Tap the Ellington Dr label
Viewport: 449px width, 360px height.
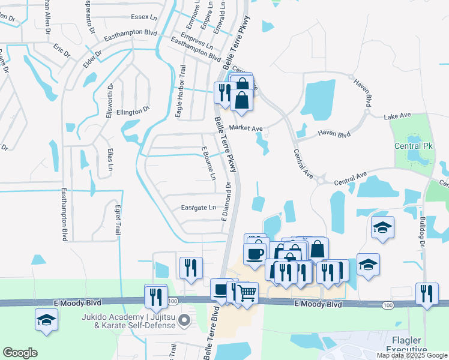tap(133, 111)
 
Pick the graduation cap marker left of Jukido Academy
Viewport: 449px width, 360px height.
tap(46, 320)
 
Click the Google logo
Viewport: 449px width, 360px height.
tap(20, 353)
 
